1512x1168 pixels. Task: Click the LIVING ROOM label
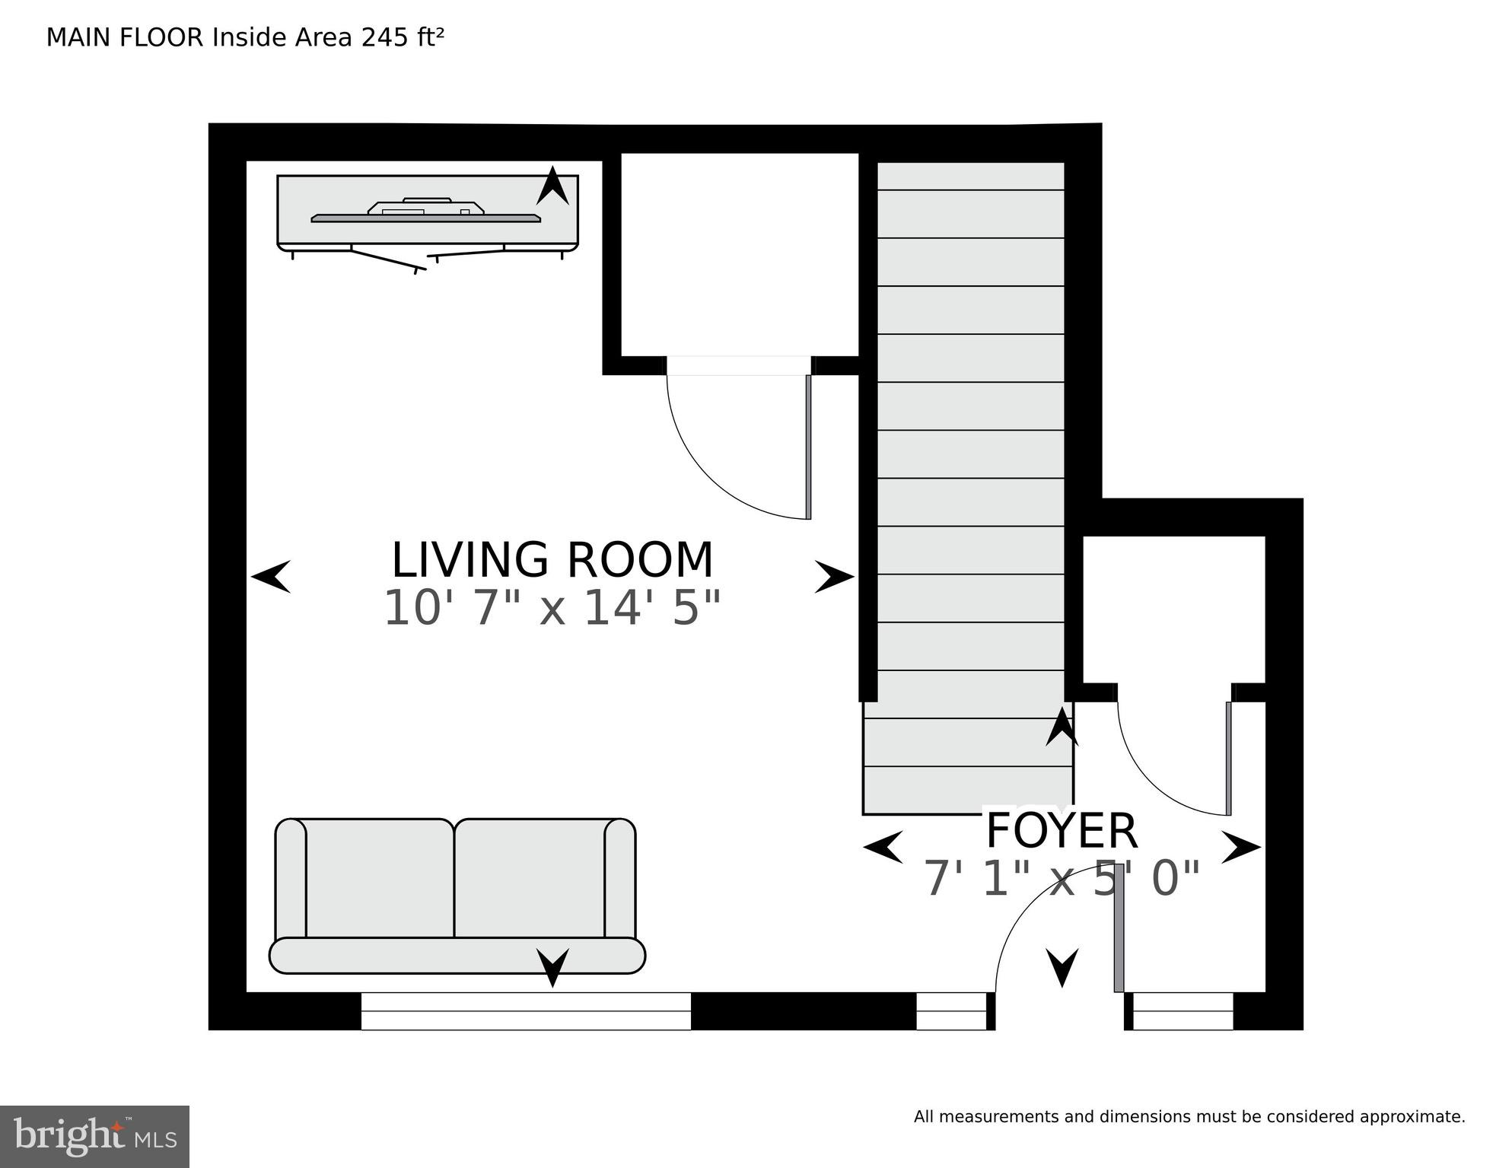point(552,560)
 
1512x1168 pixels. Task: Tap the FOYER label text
point(1062,831)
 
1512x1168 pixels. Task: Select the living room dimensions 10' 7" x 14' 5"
point(552,608)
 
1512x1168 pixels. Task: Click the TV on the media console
point(426,211)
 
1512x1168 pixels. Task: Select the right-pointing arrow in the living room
point(835,576)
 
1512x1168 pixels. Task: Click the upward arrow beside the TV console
point(552,186)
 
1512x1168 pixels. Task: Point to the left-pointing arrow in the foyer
point(883,847)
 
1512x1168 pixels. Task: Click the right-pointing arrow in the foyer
point(1241,847)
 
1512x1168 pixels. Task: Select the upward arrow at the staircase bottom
point(1062,727)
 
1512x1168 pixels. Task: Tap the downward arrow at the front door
point(1062,968)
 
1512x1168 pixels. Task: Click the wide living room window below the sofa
point(526,1011)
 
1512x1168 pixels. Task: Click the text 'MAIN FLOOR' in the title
point(125,37)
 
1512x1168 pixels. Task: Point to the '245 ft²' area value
point(403,37)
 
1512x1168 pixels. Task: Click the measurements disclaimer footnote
point(1189,1117)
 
